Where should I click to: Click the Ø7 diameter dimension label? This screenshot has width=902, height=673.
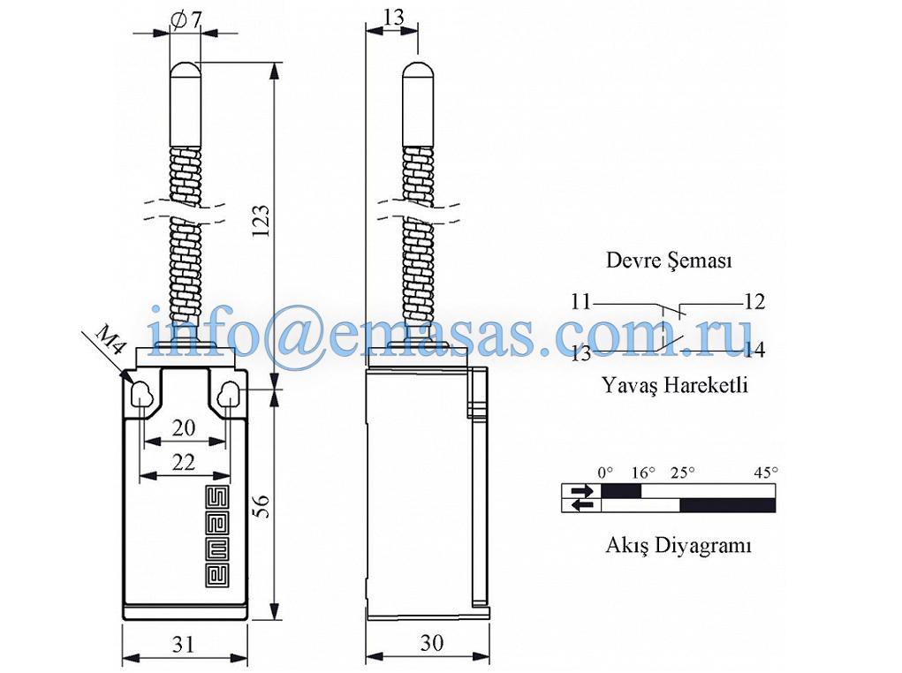[x=187, y=20]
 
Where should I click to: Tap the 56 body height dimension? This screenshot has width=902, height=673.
[x=262, y=506]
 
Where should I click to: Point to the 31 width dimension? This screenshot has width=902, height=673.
[x=184, y=644]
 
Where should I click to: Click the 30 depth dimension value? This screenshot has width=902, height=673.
[x=431, y=643]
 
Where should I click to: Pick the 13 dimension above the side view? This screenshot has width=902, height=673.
[x=393, y=18]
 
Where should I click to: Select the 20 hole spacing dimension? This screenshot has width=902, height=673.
[x=184, y=427]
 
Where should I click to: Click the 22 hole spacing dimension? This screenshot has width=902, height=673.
[x=184, y=462]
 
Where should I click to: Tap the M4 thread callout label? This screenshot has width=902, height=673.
[x=110, y=339]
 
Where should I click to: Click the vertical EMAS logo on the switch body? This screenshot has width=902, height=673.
[x=216, y=538]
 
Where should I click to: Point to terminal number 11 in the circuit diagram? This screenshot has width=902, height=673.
[x=581, y=302]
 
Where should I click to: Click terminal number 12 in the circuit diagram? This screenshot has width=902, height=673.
[x=754, y=302]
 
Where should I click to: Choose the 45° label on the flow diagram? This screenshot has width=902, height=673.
[x=766, y=473]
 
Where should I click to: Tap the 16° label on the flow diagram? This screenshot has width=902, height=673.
[x=643, y=473]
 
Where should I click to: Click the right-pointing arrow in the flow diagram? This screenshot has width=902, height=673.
[x=581, y=491]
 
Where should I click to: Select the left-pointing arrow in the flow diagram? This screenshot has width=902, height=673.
[x=581, y=505]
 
